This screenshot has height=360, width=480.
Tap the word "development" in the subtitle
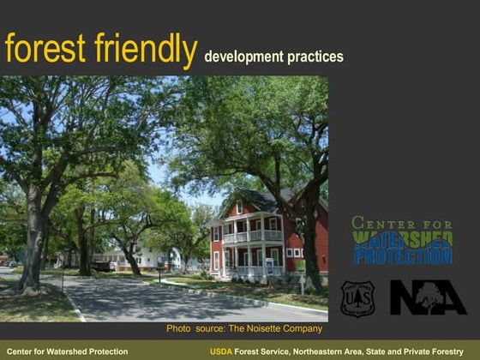(x=244, y=57)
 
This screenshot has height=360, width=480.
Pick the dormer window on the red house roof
(x=239, y=209)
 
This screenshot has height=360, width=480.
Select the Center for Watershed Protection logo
(x=402, y=241)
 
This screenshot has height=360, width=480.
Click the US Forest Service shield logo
(x=357, y=297)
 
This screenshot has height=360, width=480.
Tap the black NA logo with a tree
(x=428, y=297)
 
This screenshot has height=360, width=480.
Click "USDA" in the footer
(x=221, y=351)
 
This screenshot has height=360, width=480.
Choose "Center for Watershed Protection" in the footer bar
(x=67, y=351)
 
